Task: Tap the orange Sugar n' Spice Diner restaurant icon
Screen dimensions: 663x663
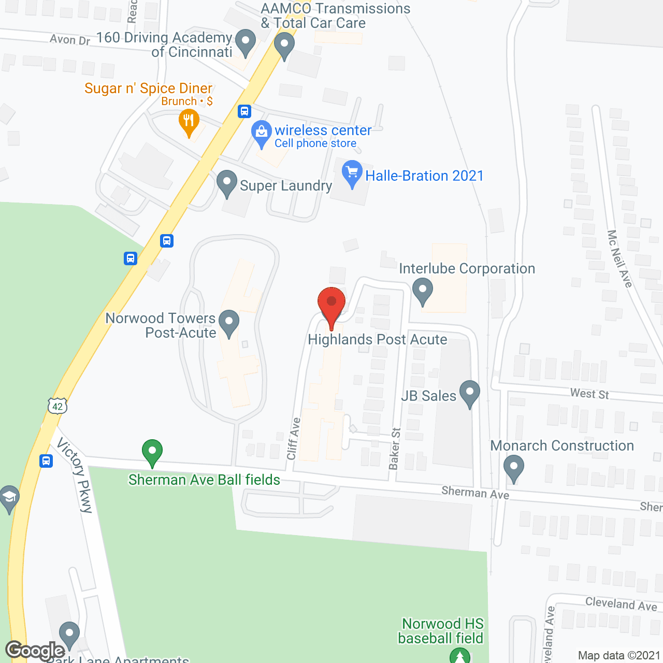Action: (189, 122)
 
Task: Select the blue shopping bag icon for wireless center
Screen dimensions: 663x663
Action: (262, 133)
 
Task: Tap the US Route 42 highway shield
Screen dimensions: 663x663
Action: (57, 406)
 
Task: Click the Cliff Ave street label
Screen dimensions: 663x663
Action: (293, 438)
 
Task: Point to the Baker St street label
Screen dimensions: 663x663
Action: (395, 449)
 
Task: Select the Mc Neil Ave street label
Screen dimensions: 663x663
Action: (619, 258)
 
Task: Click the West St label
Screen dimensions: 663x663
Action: (589, 394)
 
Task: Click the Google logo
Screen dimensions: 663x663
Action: (35, 650)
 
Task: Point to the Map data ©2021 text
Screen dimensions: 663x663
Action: (619, 655)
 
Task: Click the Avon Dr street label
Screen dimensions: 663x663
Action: (70, 39)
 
